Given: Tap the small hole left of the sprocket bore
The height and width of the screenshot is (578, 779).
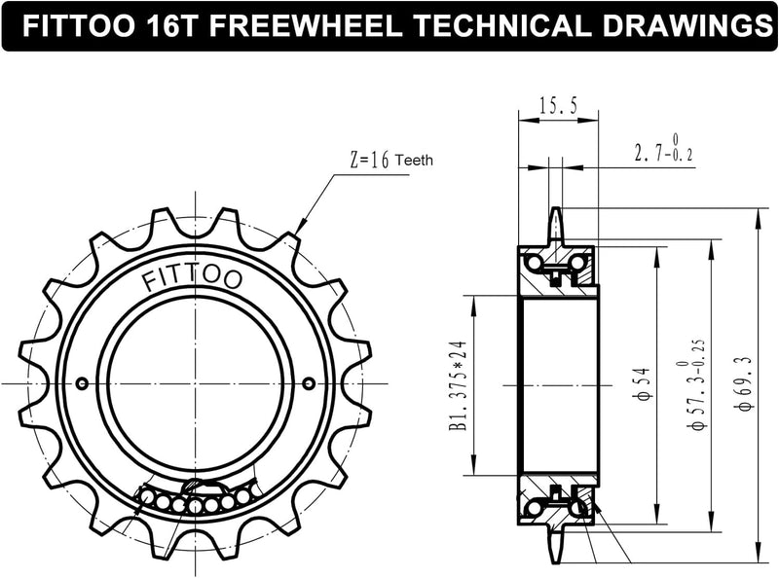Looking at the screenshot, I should pyautogui.click(x=81, y=382).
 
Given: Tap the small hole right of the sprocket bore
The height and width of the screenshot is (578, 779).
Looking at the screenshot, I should pyautogui.click(x=309, y=382).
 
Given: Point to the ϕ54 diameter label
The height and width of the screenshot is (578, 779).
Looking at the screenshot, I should pyautogui.click(x=634, y=384).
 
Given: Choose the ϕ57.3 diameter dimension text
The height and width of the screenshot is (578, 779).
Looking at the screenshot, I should pyautogui.click(x=694, y=384).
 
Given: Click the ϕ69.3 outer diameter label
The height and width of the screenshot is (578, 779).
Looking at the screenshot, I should pyautogui.click(x=744, y=384).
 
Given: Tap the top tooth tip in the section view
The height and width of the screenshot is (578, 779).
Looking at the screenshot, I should pyautogui.click(x=556, y=212).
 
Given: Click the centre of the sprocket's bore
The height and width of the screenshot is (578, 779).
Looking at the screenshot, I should pyautogui.click(x=195, y=382).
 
